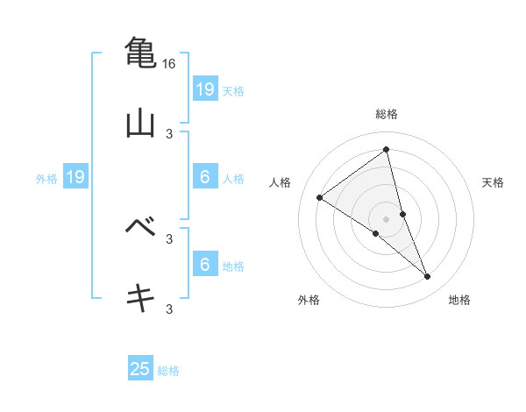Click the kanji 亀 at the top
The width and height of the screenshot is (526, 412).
(x=140, y=51)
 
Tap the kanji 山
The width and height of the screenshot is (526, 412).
(x=140, y=123)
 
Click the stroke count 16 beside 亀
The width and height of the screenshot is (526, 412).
(x=170, y=64)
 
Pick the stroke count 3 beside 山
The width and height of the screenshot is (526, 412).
(x=170, y=134)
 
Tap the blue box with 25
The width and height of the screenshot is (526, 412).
(x=140, y=369)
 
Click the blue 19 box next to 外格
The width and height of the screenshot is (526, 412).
(x=75, y=178)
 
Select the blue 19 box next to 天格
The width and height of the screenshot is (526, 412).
(x=205, y=89)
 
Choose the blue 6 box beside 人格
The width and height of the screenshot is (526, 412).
(x=205, y=177)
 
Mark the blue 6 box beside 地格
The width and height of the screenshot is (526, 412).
(x=205, y=265)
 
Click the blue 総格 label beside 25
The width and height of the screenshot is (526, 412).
(x=168, y=371)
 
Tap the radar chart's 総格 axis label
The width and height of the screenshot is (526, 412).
(x=386, y=114)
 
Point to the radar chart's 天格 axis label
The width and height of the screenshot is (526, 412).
(x=493, y=182)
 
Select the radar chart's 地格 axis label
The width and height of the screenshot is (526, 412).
(x=459, y=301)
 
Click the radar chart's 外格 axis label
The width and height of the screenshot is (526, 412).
(x=309, y=301)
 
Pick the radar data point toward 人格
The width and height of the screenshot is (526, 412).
(x=320, y=197)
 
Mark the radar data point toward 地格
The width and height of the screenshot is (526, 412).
(x=428, y=277)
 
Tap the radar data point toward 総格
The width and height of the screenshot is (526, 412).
(x=386, y=150)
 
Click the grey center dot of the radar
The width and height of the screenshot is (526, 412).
(x=386, y=218)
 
